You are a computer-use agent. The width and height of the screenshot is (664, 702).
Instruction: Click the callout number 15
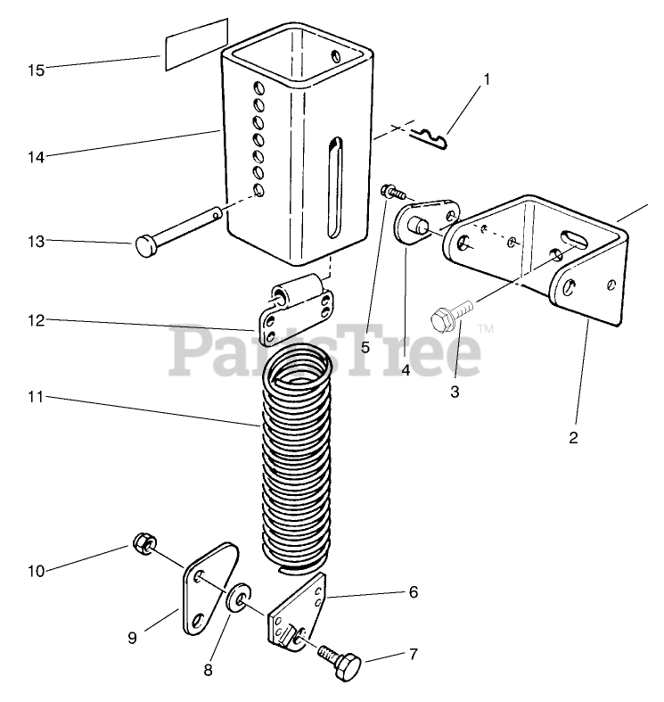click(x=36, y=70)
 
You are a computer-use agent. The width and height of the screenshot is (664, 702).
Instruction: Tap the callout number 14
click(x=36, y=157)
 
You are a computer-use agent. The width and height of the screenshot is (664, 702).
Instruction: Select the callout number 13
click(x=36, y=241)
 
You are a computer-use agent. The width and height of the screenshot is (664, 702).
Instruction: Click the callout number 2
click(x=573, y=437)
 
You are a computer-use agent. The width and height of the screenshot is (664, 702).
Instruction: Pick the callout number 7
click(x=413, y=654)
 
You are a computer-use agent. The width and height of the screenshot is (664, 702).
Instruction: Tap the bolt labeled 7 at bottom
click(x=341, y=665)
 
